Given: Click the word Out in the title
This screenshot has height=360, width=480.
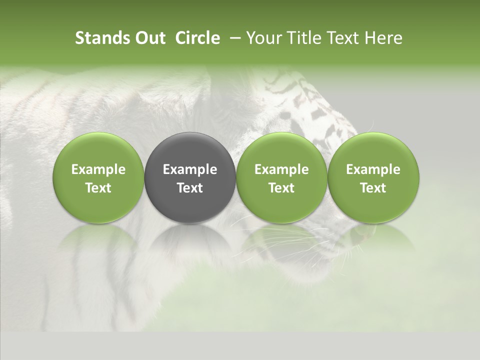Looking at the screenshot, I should [149, 38].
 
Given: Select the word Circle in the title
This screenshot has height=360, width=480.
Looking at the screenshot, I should [197, 38].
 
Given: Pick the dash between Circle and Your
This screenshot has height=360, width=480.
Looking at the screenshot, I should [233, 38].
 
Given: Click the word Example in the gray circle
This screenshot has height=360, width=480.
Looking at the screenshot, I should [190, 169].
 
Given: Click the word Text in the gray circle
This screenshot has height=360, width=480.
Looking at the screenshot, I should [190, 188].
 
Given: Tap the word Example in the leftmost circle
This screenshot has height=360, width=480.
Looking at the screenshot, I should [98, 169].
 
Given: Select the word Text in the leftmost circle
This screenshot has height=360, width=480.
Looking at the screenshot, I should [98, 188].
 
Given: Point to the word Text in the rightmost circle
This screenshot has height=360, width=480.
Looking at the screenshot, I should [373, 188].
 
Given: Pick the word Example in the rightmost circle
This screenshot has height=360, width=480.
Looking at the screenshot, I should [373, 169].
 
